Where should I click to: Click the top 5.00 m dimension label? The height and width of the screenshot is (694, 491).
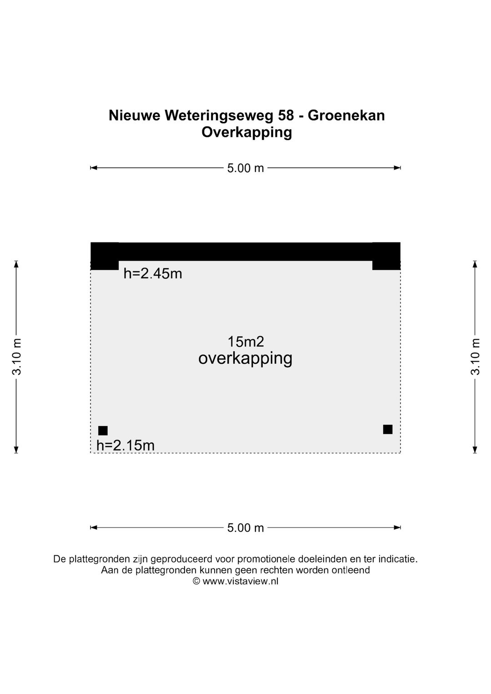click(245, 168)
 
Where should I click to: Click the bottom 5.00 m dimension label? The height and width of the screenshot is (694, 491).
click(245, 528)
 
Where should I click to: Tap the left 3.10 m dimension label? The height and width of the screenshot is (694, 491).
click(17, 357)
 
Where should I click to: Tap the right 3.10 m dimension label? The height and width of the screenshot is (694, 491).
click(475, 357)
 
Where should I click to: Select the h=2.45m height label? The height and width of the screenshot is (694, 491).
click(153, 274)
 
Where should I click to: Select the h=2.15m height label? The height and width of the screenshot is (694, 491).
click(125, 446)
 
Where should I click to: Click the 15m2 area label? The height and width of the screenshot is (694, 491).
click(245, 342)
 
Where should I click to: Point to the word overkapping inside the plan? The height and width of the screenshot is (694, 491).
click(245, 359)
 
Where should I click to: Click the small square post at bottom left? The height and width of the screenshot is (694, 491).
click(103, 431)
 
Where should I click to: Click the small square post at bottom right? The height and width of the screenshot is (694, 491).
click(388, 429)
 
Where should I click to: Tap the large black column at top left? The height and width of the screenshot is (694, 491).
click(105, 256)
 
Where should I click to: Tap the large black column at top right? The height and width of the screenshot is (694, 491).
click(386, 256)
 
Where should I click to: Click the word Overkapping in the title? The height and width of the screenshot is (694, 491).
click(246, 133)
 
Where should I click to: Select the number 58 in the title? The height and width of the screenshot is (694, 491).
click(286, 116)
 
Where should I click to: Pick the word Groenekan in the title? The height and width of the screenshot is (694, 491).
click(346, 116)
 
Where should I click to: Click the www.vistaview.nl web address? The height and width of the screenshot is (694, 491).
click(240, 581)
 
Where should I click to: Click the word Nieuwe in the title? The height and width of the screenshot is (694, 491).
click(135, 116)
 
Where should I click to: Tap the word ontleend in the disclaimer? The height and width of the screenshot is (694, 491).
click(351, 570)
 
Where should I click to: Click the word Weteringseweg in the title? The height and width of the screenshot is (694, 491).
click(219, 116)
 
